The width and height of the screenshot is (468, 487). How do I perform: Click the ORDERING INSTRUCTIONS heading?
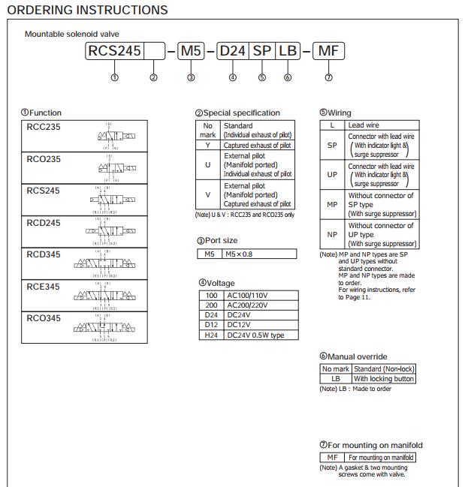pos(87,11)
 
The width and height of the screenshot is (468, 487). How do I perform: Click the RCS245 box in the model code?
pos(114,52)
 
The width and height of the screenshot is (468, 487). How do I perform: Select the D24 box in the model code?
pos(232,52)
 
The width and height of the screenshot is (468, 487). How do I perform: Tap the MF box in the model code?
pos(328,52)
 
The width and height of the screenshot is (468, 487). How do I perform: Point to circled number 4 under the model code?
pos(233,77)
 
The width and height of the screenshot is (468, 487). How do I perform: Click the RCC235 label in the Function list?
pos(44,127)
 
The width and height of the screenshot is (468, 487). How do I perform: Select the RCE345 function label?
pos(44,287)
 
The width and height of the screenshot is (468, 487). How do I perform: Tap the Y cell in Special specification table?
pos(207,145)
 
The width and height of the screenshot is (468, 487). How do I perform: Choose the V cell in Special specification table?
pos(207,194)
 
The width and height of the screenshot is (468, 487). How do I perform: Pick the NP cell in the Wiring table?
pos(332,234)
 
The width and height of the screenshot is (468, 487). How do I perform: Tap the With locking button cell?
pos(383,379)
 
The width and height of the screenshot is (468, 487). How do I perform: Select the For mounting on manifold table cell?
pos(381,457)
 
